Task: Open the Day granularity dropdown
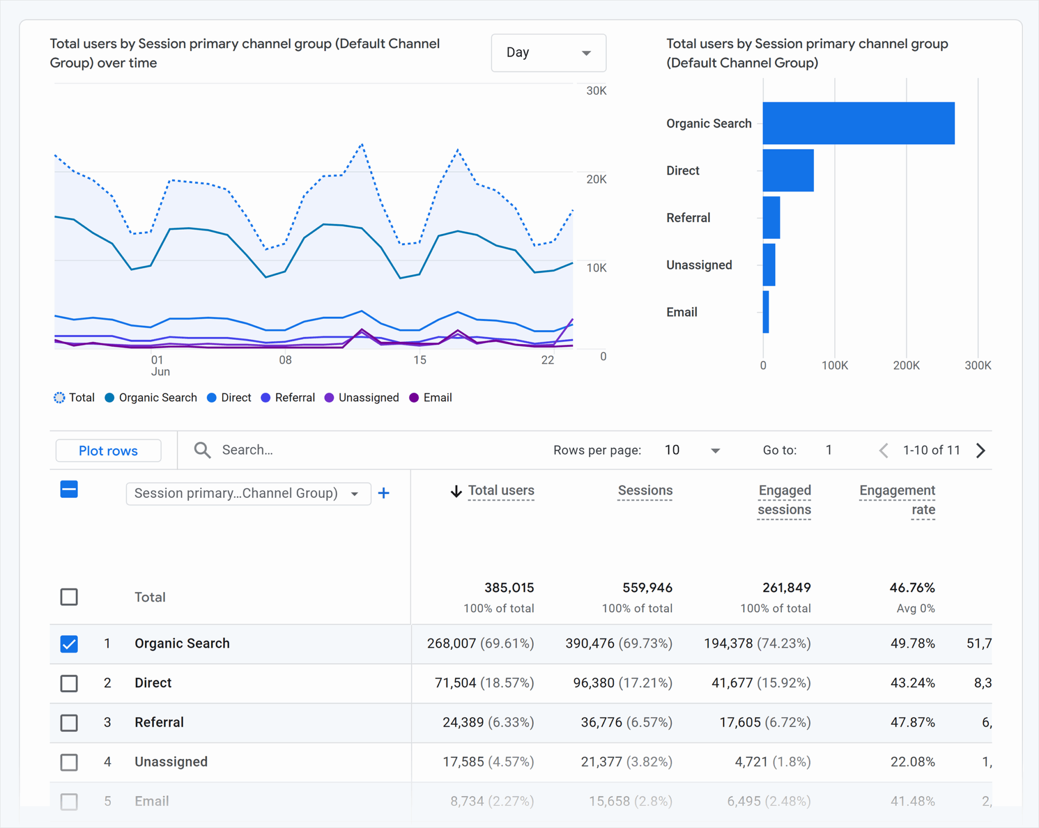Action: [x=548, y=53]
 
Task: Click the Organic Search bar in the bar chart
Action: [x=858, y=123]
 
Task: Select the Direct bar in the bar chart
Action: [x=788, y=170]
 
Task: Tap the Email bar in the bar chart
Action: [x=766, y=312]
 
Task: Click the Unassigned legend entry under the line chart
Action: [x=362, y=398]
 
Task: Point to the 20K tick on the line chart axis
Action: [x=596, y=179]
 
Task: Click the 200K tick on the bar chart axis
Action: [x=906, y=366]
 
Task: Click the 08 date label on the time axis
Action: [x=285, y=360]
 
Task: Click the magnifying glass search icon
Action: [x=202, y=450]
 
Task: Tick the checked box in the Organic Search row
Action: [x=69, y=643]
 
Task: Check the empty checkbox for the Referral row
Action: [x=69, y=723]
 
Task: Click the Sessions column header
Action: [x=645, y=490]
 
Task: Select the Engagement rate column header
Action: [x=897, y=499]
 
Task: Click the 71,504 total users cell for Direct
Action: [x=455, y=683]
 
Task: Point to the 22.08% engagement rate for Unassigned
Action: [x=912, y=762]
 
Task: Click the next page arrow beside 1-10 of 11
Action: [x=981, y=450]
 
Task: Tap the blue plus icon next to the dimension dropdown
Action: [x=384, y=493]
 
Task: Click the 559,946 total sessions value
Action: [x=647, y=588]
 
